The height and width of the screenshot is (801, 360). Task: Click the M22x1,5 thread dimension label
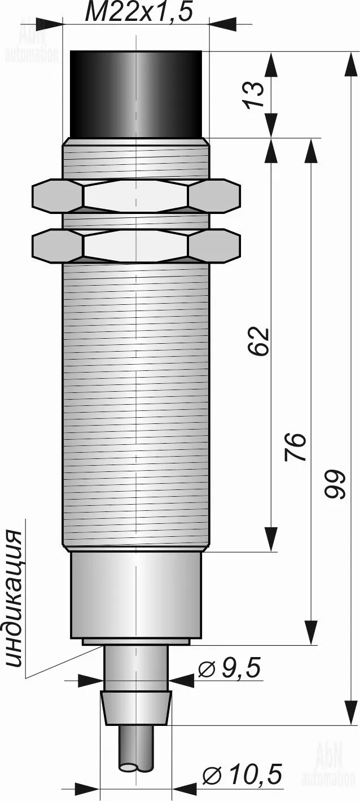pyautogui.click(x=139, y=12)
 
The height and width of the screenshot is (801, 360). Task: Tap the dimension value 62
pyautogui.click(x=258, y=340)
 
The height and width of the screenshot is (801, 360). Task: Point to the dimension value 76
pyautogui.click(x=296, y=447)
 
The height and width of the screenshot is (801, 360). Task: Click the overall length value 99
pyautogui.click(x=335, y=484)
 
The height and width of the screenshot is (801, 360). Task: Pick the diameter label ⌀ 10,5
pyautogui.click(x=243, y=773)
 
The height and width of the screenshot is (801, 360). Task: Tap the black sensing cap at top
pyautogui.click(x=136, y=94)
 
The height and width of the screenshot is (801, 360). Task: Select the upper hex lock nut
pyautogui.click(x=136, y=195)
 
